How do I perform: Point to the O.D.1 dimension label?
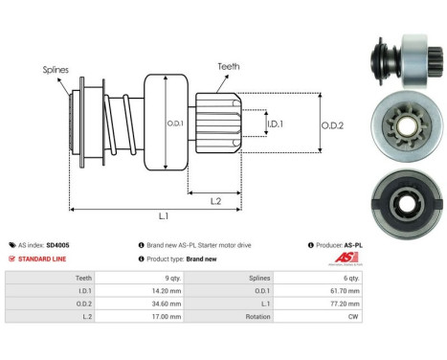click(x=174, y=123)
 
